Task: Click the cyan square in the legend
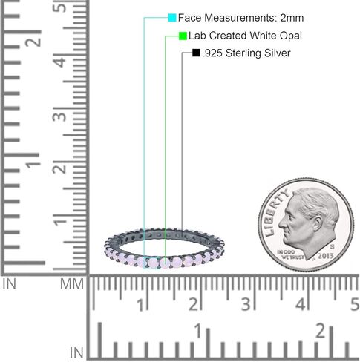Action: pos(172,17)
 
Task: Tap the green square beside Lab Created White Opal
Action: pos(183,35)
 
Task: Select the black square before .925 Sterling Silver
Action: pos(196,53)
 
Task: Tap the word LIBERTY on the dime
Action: pos(273,212)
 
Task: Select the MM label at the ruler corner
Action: pos(72,283)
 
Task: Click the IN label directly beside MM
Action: pos(12,283)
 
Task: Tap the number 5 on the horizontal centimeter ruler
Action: pos(354,304)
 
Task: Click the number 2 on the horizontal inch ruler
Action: pos(321,330)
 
